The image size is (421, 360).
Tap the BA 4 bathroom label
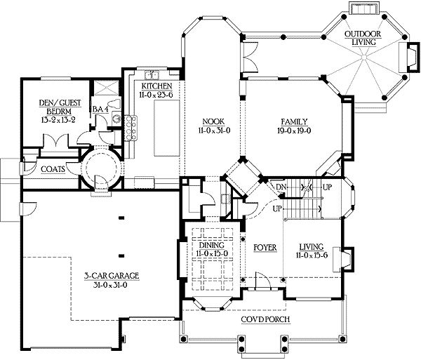click(x=100, y=109)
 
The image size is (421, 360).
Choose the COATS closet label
click(x=53, y=169)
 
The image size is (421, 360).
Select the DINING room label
click(x=210, y=245)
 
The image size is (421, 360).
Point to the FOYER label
click(x=266, y=247)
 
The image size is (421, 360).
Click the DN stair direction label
click(x=281, y=187)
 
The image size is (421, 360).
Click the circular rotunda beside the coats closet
click(x=99, y=169)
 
